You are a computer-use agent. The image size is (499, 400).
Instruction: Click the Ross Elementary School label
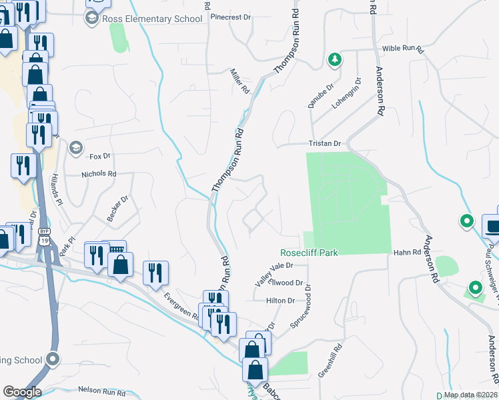(151, 19)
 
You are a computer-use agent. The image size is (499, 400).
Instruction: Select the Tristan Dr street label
(324, 143)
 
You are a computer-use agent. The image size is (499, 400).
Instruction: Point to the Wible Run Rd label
(403, 49)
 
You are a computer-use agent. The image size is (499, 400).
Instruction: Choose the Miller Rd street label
(239, 81)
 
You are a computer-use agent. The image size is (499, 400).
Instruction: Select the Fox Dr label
(99, 156)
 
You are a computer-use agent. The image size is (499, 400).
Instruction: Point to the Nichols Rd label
(99, 174)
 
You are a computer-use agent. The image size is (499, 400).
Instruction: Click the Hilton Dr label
(280, 301)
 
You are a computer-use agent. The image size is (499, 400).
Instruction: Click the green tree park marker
(335, 60)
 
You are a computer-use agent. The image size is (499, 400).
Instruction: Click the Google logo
(22, 392)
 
